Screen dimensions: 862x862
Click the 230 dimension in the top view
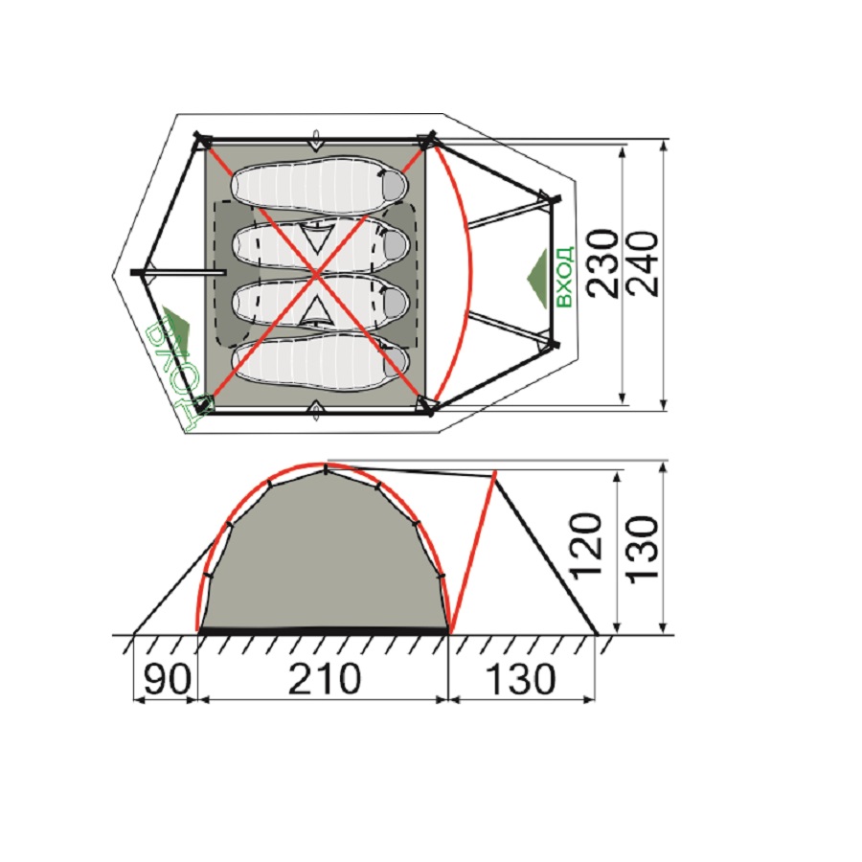pyautogui.click(x=602, y=264)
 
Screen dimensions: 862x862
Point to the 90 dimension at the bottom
pyautogui.click(x=167, y=678)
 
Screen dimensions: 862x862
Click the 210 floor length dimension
pyautogui.click(x=325, y=678)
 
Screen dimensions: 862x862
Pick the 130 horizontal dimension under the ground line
pyautogui.click(x=521, y=678)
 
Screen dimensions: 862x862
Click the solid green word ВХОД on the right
pyautogui.click(x=564, y=276)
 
